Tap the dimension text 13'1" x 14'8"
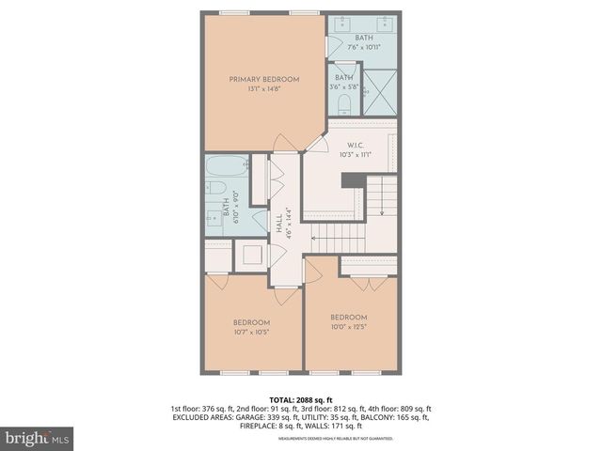point(264,90)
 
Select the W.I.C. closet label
point(355,145)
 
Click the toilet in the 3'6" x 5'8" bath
point(344,101)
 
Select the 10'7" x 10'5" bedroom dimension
point(251,333)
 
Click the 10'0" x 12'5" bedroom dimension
point(348,327)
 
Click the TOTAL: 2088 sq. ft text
point(300,399)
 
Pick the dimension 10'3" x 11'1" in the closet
point(355,154)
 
